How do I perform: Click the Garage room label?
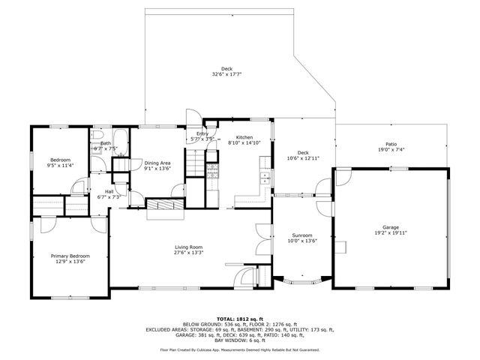point(390,227)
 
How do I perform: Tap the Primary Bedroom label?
point(69,256)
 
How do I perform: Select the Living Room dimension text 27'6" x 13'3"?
point(190,253)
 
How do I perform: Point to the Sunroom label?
point(302,235)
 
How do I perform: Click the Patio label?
point(391,144)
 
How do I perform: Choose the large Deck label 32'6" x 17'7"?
point(226,69)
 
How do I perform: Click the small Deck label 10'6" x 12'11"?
point(303,153)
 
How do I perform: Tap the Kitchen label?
point(244,138)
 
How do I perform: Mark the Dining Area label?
point(157,163)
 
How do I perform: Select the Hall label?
point(109,192)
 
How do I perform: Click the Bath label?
point(106,143)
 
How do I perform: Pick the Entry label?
point(202,133)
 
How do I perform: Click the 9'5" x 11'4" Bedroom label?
point(60,160)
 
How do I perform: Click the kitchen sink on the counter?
point(265,178)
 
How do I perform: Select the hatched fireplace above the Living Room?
point(163,204)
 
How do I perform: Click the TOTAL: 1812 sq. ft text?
point(239,319)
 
